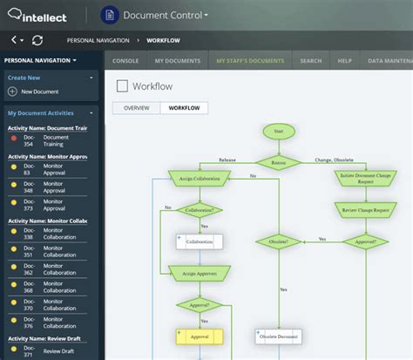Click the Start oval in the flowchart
278,132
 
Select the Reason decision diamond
278,161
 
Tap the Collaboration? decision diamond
200,210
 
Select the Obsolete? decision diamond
278,241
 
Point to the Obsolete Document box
278,335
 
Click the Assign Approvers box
200,273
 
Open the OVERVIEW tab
137,108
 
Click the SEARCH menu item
310,61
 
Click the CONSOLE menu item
125,61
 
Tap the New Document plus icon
12,92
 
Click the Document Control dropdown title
166,15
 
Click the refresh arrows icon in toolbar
37,40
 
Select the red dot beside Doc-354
14,139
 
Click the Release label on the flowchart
227,160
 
